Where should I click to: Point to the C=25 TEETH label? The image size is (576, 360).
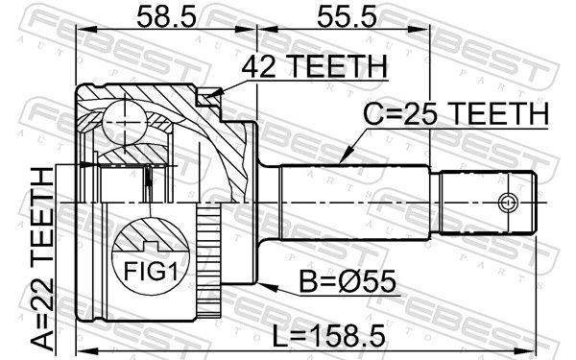point(454,114)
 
